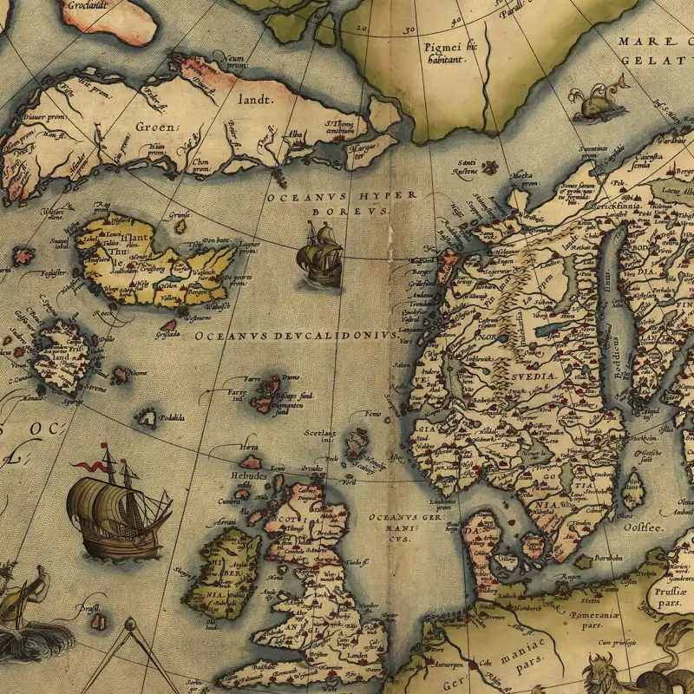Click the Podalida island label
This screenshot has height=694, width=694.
(171, 418)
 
